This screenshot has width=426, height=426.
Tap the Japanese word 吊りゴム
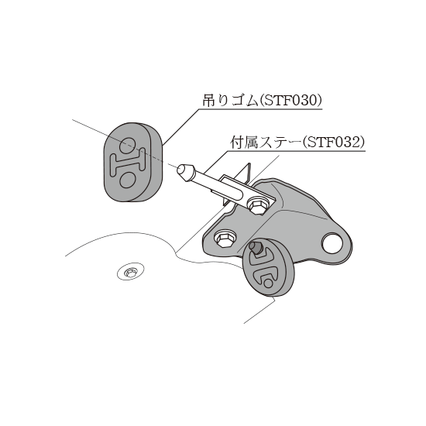230,101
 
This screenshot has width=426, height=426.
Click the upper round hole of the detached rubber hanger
127,145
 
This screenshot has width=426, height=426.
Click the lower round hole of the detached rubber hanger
127,180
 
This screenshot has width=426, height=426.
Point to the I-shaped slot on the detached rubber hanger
128,162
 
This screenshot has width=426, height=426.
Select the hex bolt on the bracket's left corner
224,239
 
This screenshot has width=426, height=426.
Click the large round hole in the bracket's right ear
332,242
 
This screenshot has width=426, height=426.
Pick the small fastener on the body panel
131,272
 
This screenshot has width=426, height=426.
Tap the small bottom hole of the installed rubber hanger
268,283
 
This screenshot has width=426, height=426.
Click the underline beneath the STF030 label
261,109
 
